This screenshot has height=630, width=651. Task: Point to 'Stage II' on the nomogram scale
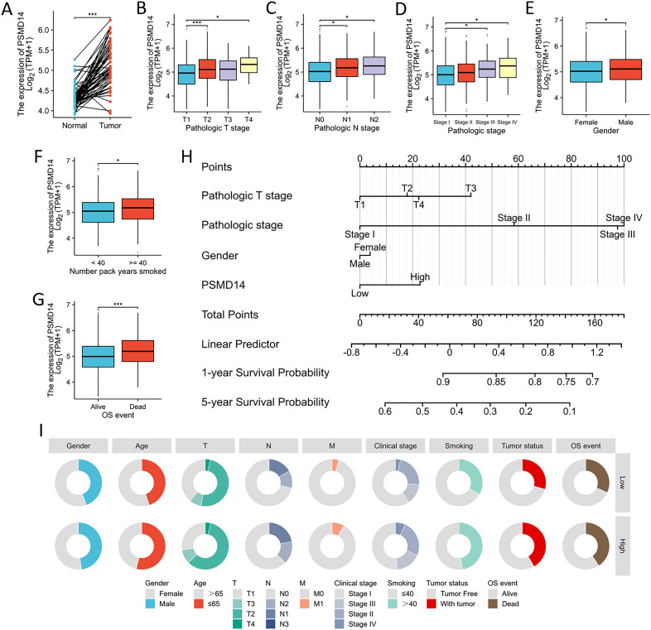tap(514, 218)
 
